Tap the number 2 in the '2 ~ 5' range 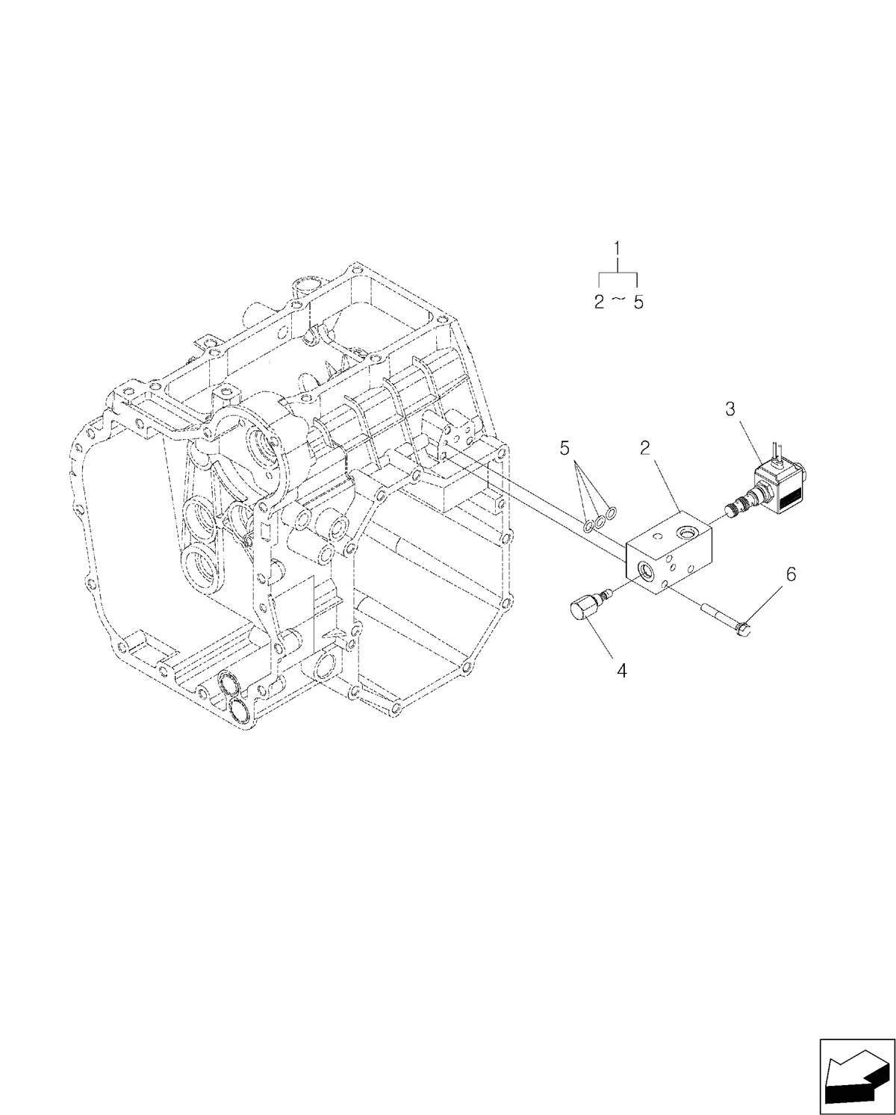click(600, 302)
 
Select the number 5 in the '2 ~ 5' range click(637, 302)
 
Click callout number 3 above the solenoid click(730, 409)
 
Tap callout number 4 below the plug click(621, 670)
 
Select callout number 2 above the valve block click(645, 448)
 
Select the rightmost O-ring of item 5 click(612, 512)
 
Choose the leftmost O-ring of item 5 click(588, 527)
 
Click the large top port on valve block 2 click(683, 530)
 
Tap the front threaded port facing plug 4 click(641, 571)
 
